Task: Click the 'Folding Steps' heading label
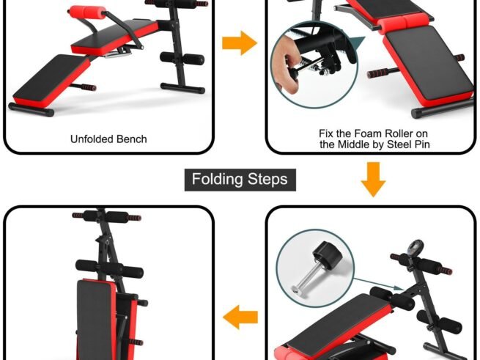tap(240, 179)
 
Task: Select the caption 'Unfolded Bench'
tap(108, 139)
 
